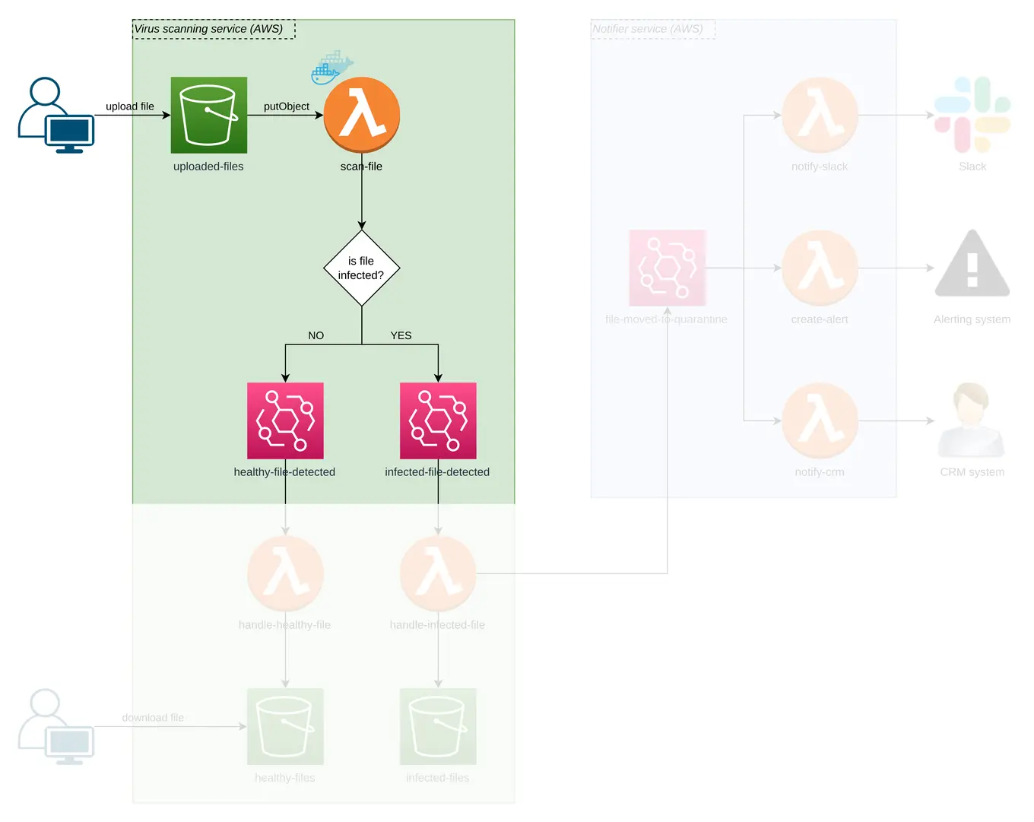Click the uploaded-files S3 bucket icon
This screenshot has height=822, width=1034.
(x=209, y=115)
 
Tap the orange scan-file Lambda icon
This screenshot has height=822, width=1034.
(x=362, y=115)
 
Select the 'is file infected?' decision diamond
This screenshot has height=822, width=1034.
(x=361, y=268)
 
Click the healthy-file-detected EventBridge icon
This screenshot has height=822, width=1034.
(x=285, y=421)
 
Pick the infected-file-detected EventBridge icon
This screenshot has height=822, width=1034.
(x=438, y=421)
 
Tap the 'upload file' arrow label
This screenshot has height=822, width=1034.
(x=130, y=106)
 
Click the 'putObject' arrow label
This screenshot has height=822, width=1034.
(x=287, y=106)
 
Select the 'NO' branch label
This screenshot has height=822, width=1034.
(x=316, y=335)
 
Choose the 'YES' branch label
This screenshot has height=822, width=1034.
(x=401, y=335)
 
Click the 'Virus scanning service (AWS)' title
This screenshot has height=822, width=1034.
(x=209, y=29)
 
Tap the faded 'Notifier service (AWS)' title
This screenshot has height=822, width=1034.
(x=648, y=29)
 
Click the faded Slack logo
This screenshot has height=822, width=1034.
(x=972, y=115)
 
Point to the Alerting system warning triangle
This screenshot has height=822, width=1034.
(x=972, y=264)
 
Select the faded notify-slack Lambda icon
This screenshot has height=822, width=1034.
(x=820, y=115)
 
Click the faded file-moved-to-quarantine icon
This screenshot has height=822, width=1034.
(x=667, y=268)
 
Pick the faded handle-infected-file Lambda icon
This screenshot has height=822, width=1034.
(x=438, y=573)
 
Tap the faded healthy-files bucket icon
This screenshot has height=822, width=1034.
(x=285, y=726)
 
